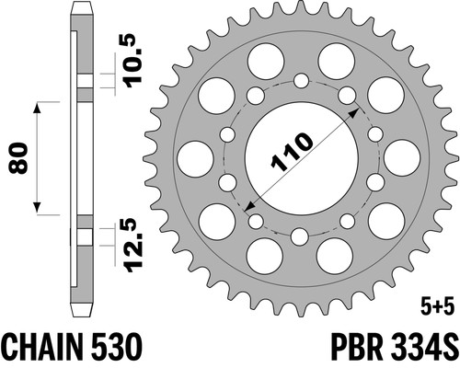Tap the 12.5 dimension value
pyautogui.click(x=134, y=245)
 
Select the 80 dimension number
pyautogui.click(x=18, y=158)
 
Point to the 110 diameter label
pyautogui.click(x=292, y=151)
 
